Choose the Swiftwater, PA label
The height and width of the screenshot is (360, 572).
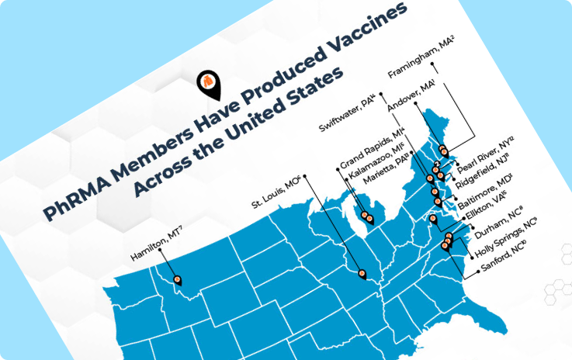click(x=347, y=114)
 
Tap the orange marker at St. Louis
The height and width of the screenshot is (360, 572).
click(x=362, y=272)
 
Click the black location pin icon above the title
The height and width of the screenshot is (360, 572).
click(x=208, y=84)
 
